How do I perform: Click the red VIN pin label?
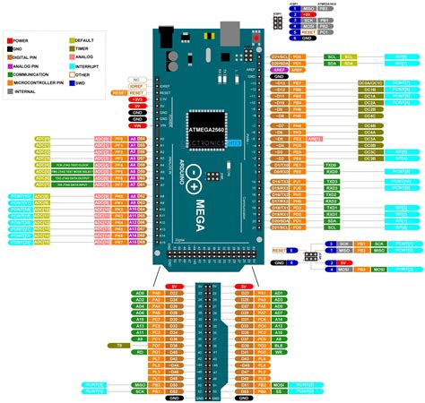click(x=137, y=126)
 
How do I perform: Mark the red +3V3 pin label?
click(x=137, y=99)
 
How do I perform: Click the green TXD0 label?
click(x=330, y=165)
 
